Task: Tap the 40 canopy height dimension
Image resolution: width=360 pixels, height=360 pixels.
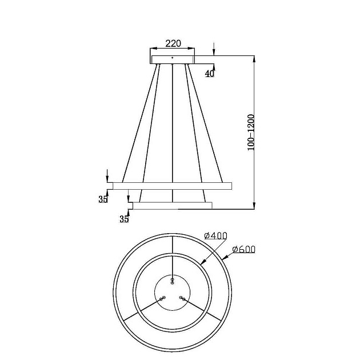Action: pyautogui.click(x=210, y=73)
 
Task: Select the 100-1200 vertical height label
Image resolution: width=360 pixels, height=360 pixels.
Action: pyautogui.click(x=251, y=132)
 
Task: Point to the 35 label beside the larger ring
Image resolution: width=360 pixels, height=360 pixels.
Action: pyautogui.click(x=103, y=199)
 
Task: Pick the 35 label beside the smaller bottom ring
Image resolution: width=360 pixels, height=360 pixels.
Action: pyautogui.click(x=124, y=219)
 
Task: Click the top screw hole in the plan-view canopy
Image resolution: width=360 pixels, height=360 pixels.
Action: pyautogui.click(x=173, y=280)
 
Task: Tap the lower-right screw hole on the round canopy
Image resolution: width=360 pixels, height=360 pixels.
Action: pyautogui.click(x=182, y=298)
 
